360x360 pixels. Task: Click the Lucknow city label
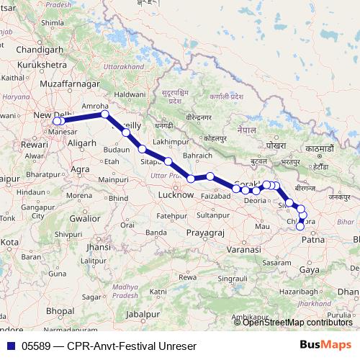coord(176,194)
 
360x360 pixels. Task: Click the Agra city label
coord(81,169)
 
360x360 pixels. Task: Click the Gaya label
coord(310,269)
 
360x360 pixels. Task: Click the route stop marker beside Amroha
coord(105,114)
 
